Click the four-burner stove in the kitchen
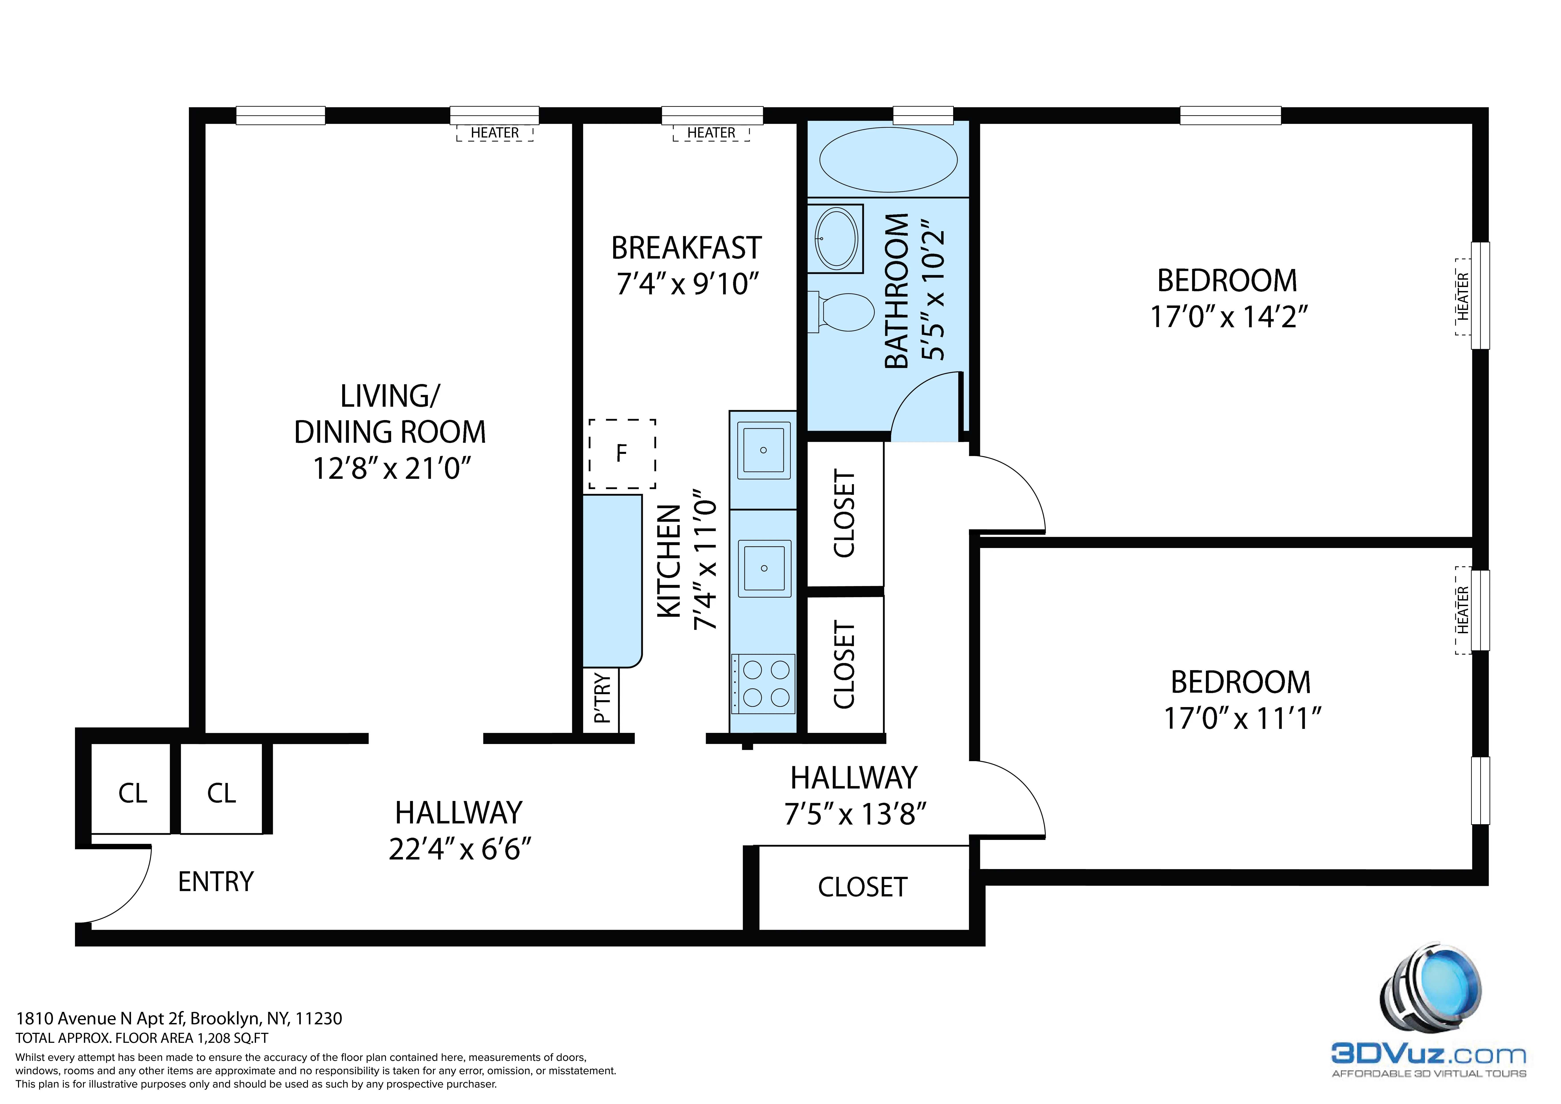click(764, 684)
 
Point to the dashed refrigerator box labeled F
click(621, 453)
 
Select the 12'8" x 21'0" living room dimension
click(391, 468)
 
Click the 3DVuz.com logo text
click(1428, 1055)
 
